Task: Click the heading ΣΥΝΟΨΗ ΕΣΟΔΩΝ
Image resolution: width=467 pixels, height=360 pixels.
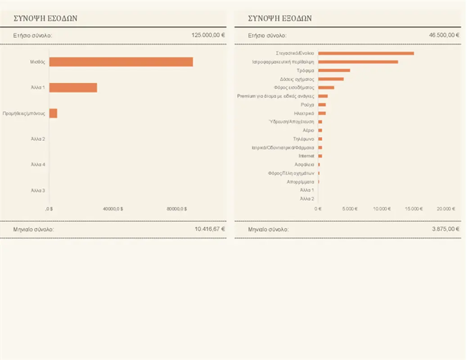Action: point(45,18)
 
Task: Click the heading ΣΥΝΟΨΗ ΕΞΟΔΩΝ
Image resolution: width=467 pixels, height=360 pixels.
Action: point(279,18)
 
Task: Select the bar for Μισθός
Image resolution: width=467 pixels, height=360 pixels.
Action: point(121,62)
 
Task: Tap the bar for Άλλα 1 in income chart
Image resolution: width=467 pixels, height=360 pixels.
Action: point(73,88)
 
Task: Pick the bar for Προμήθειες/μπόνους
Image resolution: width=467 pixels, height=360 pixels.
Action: point(53,113)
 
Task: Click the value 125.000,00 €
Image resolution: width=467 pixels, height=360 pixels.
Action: point(208,35)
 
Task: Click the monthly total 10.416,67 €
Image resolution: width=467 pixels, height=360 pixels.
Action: point(210,229)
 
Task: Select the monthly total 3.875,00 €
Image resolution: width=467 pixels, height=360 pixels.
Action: point(445,229)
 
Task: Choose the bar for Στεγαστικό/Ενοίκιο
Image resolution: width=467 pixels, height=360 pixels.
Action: point(366,53)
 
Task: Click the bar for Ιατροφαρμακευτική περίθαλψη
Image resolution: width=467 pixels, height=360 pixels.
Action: point(358,62)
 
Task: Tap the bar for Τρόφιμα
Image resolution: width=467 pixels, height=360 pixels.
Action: point(334,70)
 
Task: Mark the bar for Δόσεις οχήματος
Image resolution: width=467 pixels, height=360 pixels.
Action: point(331,79)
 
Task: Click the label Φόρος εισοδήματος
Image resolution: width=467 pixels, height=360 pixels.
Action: point(294,87)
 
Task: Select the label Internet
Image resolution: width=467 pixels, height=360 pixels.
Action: point(306,156)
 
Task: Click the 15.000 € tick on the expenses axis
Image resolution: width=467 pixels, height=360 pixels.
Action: point(414,209)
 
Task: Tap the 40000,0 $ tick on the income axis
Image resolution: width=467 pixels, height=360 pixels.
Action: point(113,209)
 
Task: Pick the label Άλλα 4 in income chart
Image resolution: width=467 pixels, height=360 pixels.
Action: point(38,165)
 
